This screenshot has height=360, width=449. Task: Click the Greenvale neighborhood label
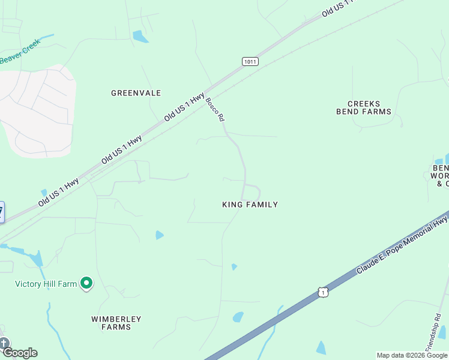tap(136, 93)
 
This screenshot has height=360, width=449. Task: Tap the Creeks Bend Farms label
tap(363, 108)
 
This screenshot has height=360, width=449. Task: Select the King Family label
tap(250, 205)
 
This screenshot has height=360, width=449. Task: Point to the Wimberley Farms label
tap(116, 323)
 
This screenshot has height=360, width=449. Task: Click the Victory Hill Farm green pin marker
tap(86, 283)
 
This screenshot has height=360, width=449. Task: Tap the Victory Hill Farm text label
tap(46, 284)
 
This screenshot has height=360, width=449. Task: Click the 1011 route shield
tap(251, 61)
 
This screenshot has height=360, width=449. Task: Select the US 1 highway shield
tap(324, 292)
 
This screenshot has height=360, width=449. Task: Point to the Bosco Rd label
tap(214, 110)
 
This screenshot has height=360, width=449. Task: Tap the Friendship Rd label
tap(433, 332)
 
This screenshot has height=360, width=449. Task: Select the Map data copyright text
tap(412, 355)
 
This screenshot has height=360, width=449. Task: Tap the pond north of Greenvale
tap(140, 37)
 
